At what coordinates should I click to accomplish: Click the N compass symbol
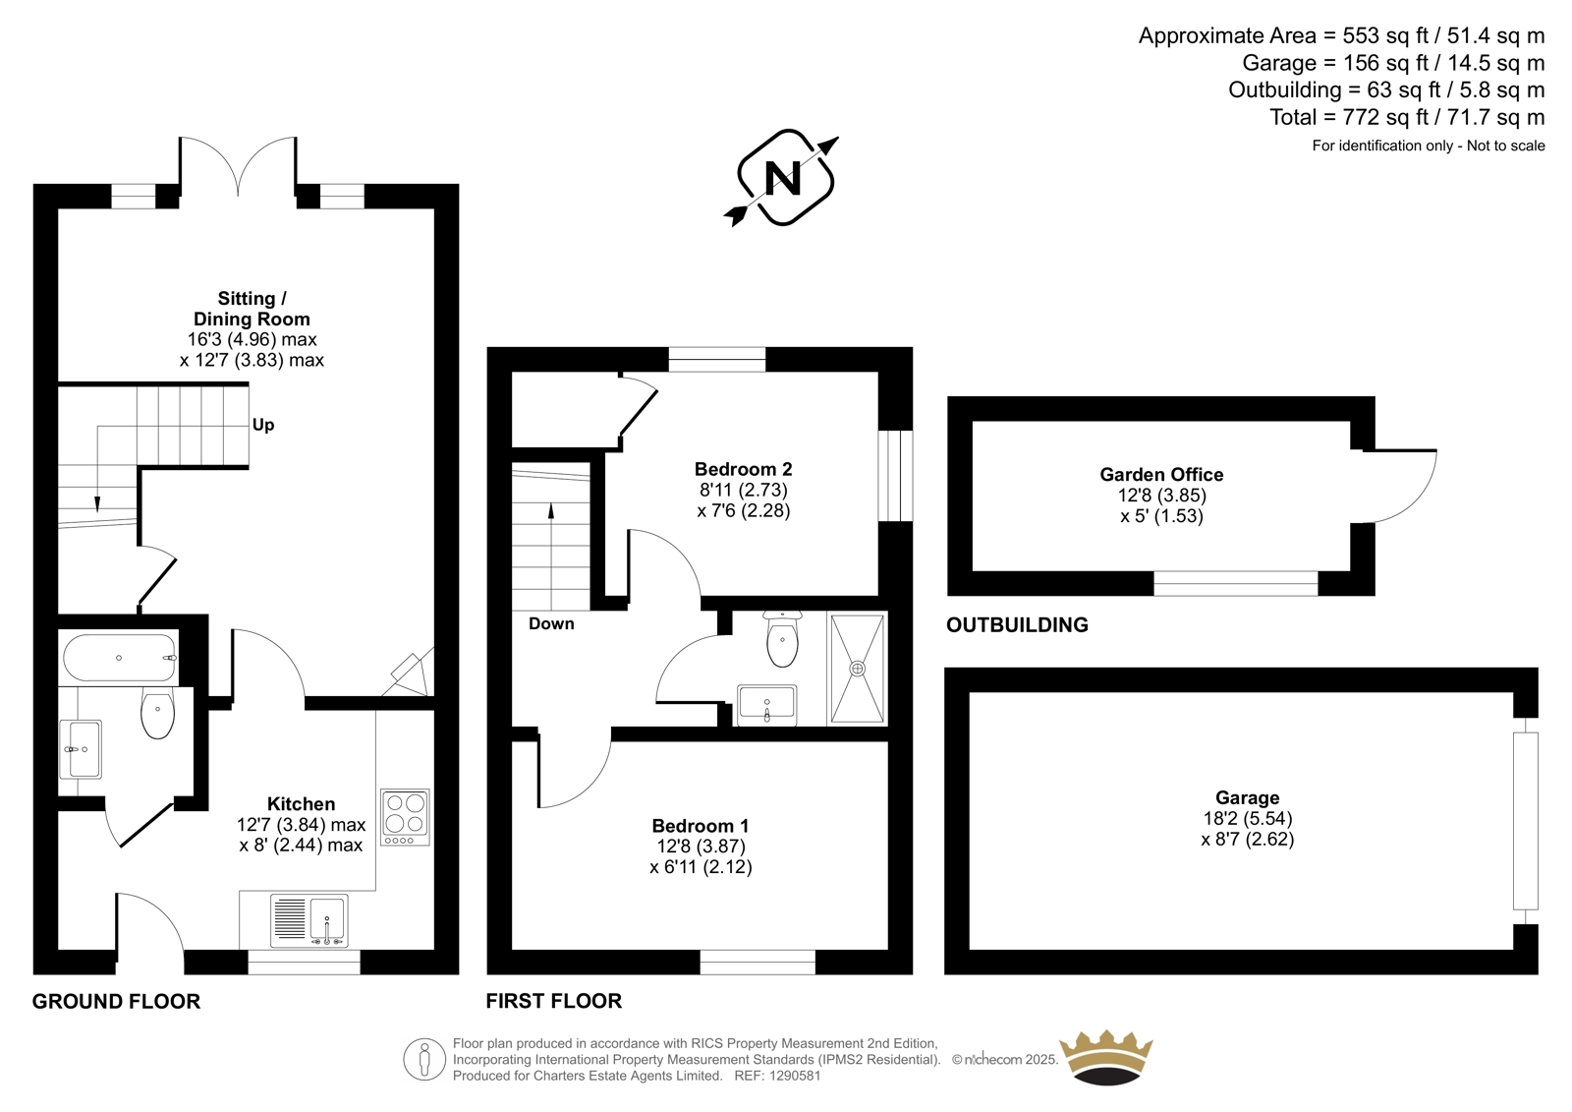[783, 178]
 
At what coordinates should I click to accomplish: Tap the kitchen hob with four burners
[405, 817]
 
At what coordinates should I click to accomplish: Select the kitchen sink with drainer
[309, 921]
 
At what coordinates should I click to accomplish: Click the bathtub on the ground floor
[119, 658]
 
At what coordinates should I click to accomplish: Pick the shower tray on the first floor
[857, 669]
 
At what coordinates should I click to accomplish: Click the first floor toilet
[782, 638]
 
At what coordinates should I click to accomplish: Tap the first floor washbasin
[766, 705]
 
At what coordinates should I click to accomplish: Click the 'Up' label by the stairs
[263, 425]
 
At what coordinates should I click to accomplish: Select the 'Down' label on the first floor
[551, 623]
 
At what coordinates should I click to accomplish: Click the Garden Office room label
[1161, 475]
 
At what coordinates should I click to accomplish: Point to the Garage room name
[1247, 797]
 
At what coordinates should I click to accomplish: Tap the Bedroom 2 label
[743, 469]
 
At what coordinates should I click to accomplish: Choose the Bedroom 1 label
[701, 825]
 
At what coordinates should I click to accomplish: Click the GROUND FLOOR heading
[117, 1001]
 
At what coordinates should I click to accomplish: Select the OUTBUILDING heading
[1017, 624]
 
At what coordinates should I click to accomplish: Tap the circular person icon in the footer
[424, 1059]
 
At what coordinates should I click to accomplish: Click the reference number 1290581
[795, 1076]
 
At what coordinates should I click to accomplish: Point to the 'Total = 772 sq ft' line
[1407, 117]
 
